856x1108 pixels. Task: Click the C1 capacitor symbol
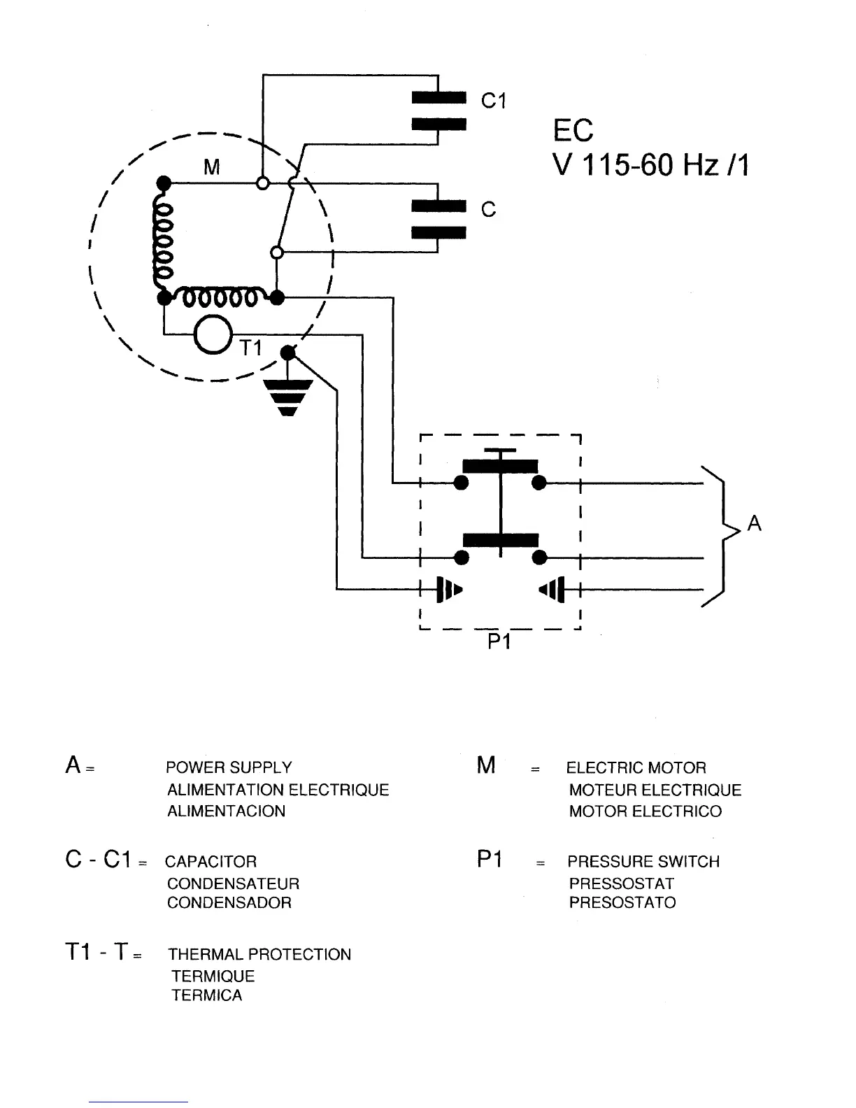[438, 111]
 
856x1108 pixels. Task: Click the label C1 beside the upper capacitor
[493, 101]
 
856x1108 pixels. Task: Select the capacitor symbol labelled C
[438, 219]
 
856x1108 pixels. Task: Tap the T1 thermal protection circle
[213, 335]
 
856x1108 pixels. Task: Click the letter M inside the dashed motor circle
[211, 167]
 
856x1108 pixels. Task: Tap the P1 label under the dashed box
[499, 641]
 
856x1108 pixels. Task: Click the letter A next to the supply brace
[754, 523]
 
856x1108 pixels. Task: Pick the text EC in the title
[573, 131]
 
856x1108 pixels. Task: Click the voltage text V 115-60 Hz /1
[650, 166]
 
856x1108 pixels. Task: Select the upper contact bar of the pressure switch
[500, 467]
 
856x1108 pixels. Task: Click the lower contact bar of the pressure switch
[500, 539]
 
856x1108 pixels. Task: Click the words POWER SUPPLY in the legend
[229, 767]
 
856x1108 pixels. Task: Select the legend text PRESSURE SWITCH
[643, 861]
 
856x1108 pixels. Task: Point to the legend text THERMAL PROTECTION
[259, 954]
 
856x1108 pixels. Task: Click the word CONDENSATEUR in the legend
[233, 883]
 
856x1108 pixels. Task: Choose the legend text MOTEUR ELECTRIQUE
[655, 790]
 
